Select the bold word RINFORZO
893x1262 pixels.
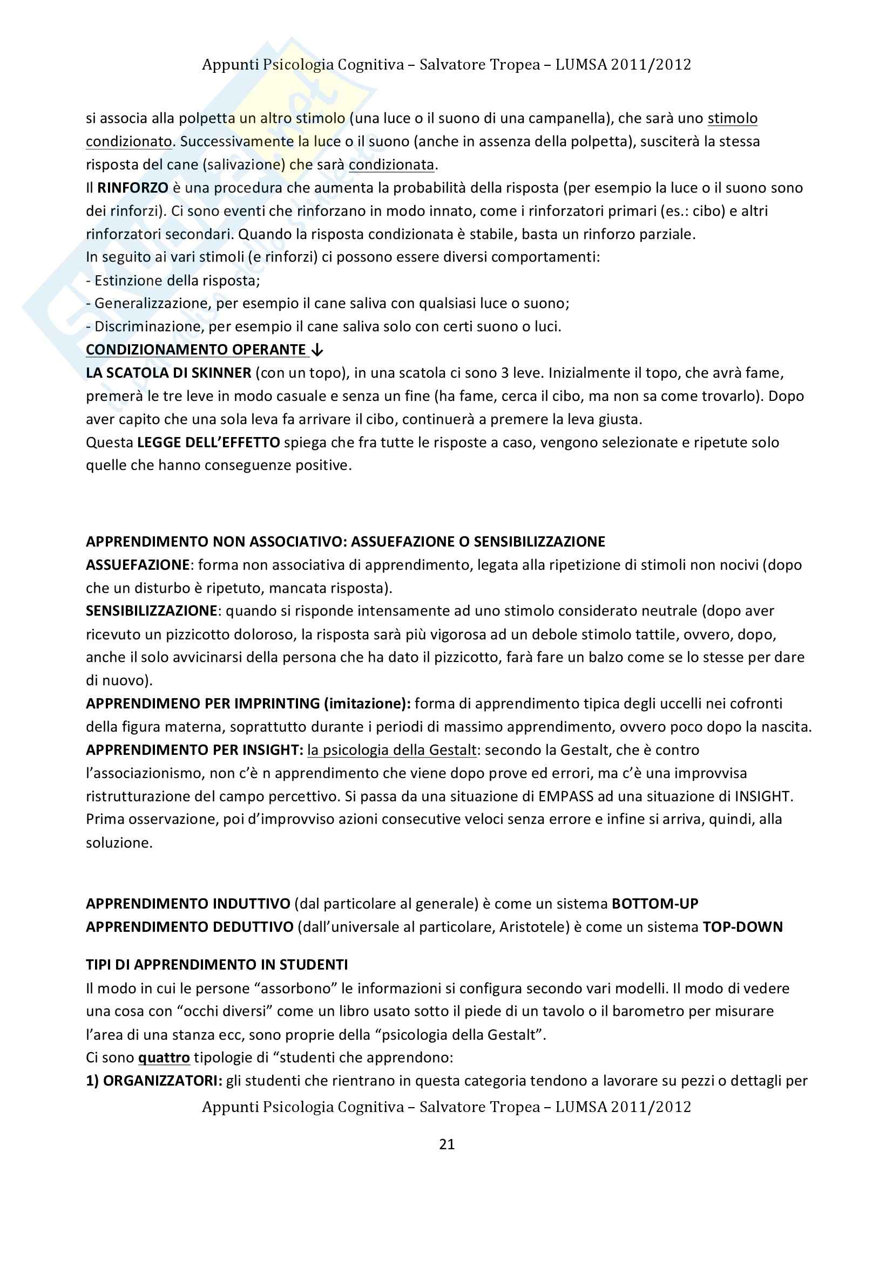click(132, 188)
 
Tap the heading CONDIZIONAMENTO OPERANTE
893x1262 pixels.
click(196, 350)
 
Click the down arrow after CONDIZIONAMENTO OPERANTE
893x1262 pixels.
click(317, 350)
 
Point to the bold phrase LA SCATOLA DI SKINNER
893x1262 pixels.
click(169, 373)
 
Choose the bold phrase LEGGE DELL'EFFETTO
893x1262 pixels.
click(208, 442)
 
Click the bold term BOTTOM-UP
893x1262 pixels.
click(655, 904)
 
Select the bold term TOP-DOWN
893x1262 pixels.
click(742, 927)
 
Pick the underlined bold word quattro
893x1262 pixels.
click(164, 1058)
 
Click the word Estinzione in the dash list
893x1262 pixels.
click(125, 281)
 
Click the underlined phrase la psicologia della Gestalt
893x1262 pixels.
click(392, 750)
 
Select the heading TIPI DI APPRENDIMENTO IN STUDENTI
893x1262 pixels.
click(217, 965)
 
